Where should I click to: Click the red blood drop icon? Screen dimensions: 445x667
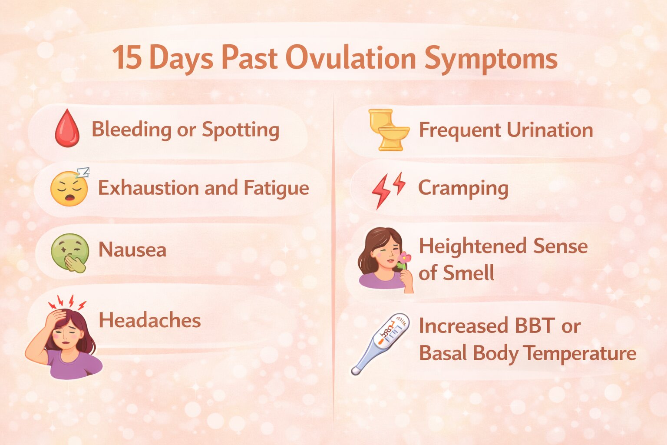pyautogui.click(x=67, y=129)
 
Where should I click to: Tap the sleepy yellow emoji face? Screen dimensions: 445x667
pyautogui.click(x=69, y=189)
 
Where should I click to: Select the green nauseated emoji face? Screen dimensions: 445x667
pyautogui.click(x=70, y=252)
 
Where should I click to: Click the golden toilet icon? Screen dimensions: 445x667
pyautogui.click(x=388, y=130)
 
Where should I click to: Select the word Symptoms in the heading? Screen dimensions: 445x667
pyautogui.click(x=491, y=59)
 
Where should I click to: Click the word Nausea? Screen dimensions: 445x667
pyautogui.click(x=132, y=250)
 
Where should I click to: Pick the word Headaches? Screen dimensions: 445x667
pyautogui.click(x=150, y=321)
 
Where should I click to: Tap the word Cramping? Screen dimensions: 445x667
pyautogui.click(x=463, y=189)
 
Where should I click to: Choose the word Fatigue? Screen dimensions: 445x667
pyautogui.click(x=276, y=189)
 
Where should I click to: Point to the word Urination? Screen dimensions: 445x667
pyautogui.click(x=549, y=130)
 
